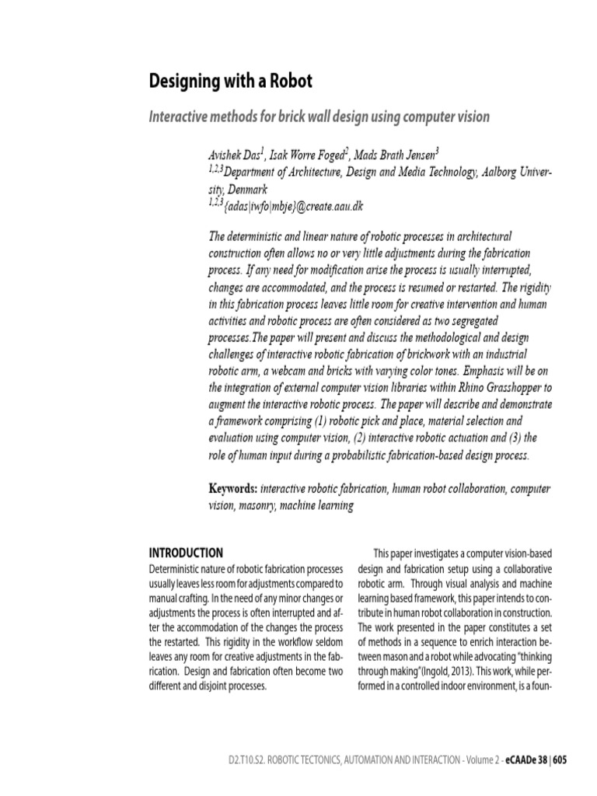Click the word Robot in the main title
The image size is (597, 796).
(x=288, y=82)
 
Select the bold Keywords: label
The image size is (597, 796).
(x=233, y=489)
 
